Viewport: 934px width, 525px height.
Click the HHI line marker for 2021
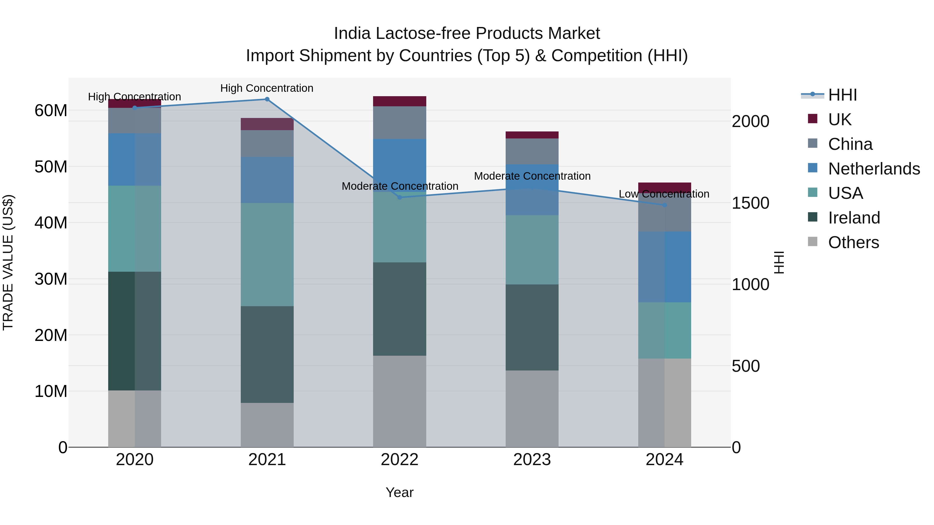[267, 99]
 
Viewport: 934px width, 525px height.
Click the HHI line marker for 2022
[400, 198]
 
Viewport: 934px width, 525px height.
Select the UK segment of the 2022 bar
[400, 101]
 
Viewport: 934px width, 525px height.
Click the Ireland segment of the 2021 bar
[267, 354]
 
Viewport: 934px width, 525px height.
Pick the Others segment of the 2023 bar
[532, 409]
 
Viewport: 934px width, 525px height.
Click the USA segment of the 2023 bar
[532, 250]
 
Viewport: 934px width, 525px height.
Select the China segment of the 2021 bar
[267, 143]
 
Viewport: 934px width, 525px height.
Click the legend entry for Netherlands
[874, 169]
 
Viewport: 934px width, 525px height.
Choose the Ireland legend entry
[854, 218]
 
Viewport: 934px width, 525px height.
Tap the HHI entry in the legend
[842, 95]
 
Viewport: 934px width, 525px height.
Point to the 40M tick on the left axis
[51, 222]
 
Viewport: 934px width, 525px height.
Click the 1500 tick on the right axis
[750, 203]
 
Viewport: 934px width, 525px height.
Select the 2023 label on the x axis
[532, 460]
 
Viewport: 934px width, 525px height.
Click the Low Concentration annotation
[664, 194]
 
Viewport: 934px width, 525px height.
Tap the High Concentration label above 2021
[267, 88]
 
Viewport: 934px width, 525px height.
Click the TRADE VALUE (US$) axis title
[8, 262]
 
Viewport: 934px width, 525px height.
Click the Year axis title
[400, 492]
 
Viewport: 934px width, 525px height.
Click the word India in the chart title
[352, 33]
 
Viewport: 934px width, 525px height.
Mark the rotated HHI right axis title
[779, 262]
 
